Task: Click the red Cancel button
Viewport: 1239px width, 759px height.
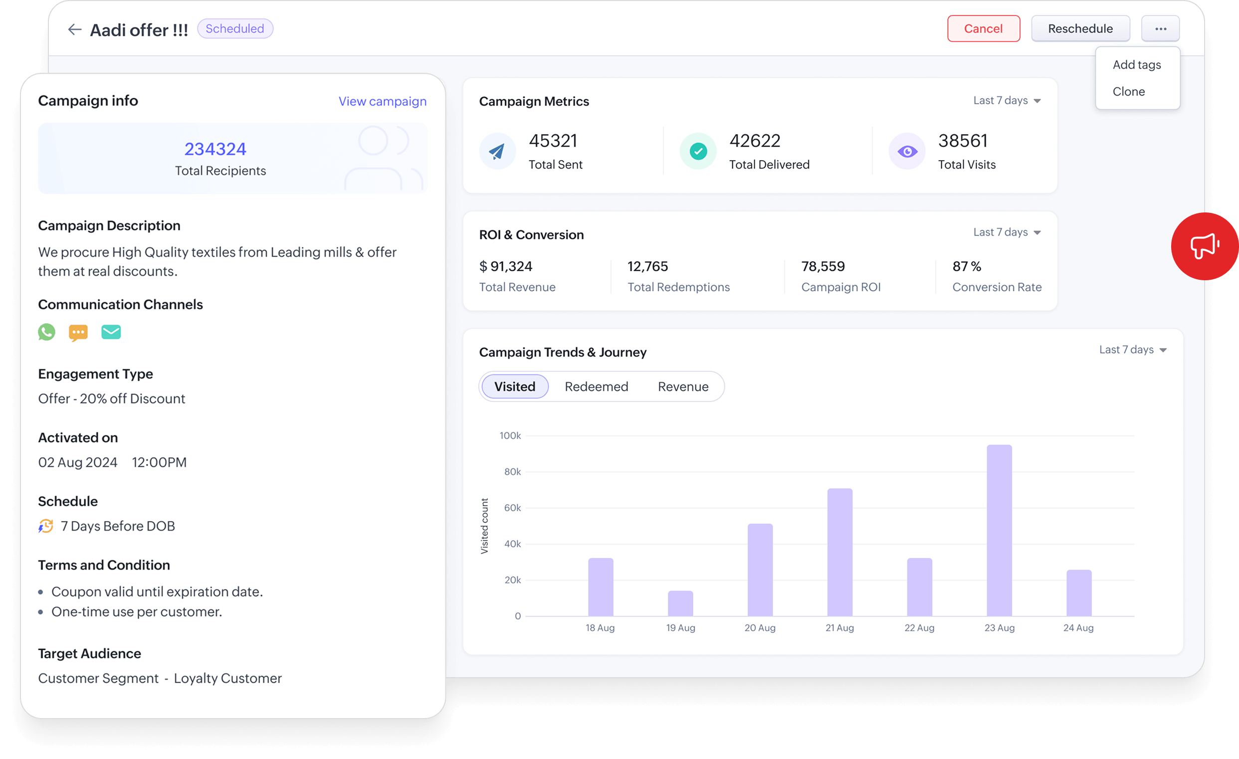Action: (x=983, y=28)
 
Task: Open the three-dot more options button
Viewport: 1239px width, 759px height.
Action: (x=1160, y=28)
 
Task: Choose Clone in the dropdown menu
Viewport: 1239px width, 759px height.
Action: (x=1128, y=91)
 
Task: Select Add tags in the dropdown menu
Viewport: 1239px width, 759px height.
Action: (x=1136, y=65)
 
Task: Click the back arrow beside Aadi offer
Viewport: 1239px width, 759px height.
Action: (x=74, y=29)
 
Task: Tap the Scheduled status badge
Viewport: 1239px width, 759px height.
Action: (x=235, y=28)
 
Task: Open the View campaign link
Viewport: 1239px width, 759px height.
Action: (x=382, y=101)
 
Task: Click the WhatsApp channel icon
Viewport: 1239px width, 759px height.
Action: (x=47, y=332)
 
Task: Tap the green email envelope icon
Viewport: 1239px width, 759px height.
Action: (x=111, y=332)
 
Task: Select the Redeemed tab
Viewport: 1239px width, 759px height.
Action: (x=597, y=386)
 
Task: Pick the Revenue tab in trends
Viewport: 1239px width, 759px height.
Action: (x=683, y=386)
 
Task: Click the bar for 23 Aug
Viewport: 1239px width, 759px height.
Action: (x=999, y=530)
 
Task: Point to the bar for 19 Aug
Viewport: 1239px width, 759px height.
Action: (x=680, y=603)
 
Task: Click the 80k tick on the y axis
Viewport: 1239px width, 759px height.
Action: (x=512, y=471)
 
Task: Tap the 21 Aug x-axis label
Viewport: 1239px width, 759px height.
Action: (x=839, y=628)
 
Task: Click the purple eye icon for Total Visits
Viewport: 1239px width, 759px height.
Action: (x=907, y=151)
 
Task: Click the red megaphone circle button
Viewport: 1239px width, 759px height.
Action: (x=1204, y=246)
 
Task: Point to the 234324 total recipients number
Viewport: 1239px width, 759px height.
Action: (x=215, y=149)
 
